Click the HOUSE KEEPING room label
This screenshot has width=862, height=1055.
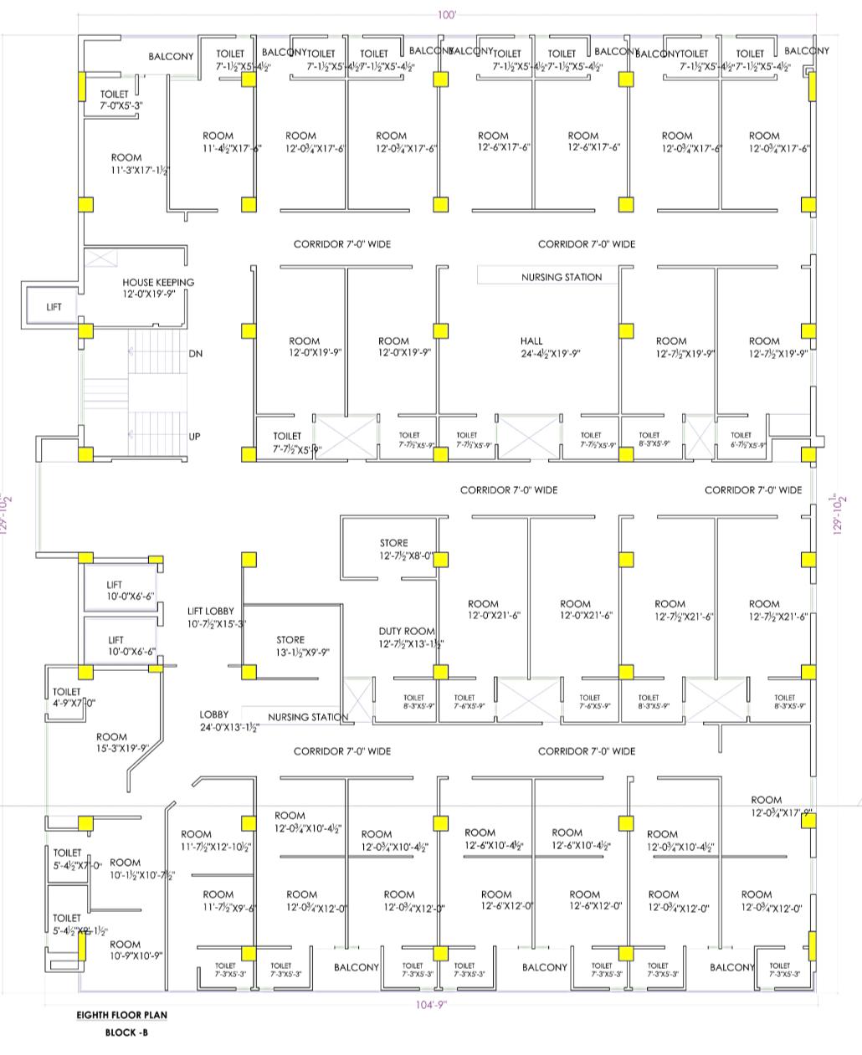(158, 283)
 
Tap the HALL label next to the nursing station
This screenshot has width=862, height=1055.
(531, 341)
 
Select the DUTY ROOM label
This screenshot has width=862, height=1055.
(407, 632)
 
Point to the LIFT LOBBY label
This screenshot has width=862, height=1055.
(210, 612)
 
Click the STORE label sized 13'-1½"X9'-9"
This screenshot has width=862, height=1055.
(290, 640)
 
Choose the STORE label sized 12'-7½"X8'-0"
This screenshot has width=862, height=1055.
(394, 544)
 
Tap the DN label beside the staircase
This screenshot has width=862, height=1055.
(196, 354)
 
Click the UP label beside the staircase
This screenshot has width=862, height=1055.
(194, 437)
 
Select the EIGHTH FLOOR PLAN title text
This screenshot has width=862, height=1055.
(122, 1016)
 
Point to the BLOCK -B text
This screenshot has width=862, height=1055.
(126, 1032)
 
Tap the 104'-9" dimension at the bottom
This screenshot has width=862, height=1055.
(432, 1005)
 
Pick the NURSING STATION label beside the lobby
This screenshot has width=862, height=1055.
(307, 717)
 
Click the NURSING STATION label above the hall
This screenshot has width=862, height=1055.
(562, 277)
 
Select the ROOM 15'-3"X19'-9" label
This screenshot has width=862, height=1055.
(111, 738)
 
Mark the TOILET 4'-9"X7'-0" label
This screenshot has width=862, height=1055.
(67, 693)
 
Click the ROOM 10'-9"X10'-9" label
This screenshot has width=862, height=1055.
(125, 945)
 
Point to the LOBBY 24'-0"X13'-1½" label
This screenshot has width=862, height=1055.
(214, 715)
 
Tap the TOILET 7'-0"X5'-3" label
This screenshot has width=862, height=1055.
(115, 95)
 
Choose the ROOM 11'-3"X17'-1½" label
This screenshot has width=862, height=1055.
(126, 158)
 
